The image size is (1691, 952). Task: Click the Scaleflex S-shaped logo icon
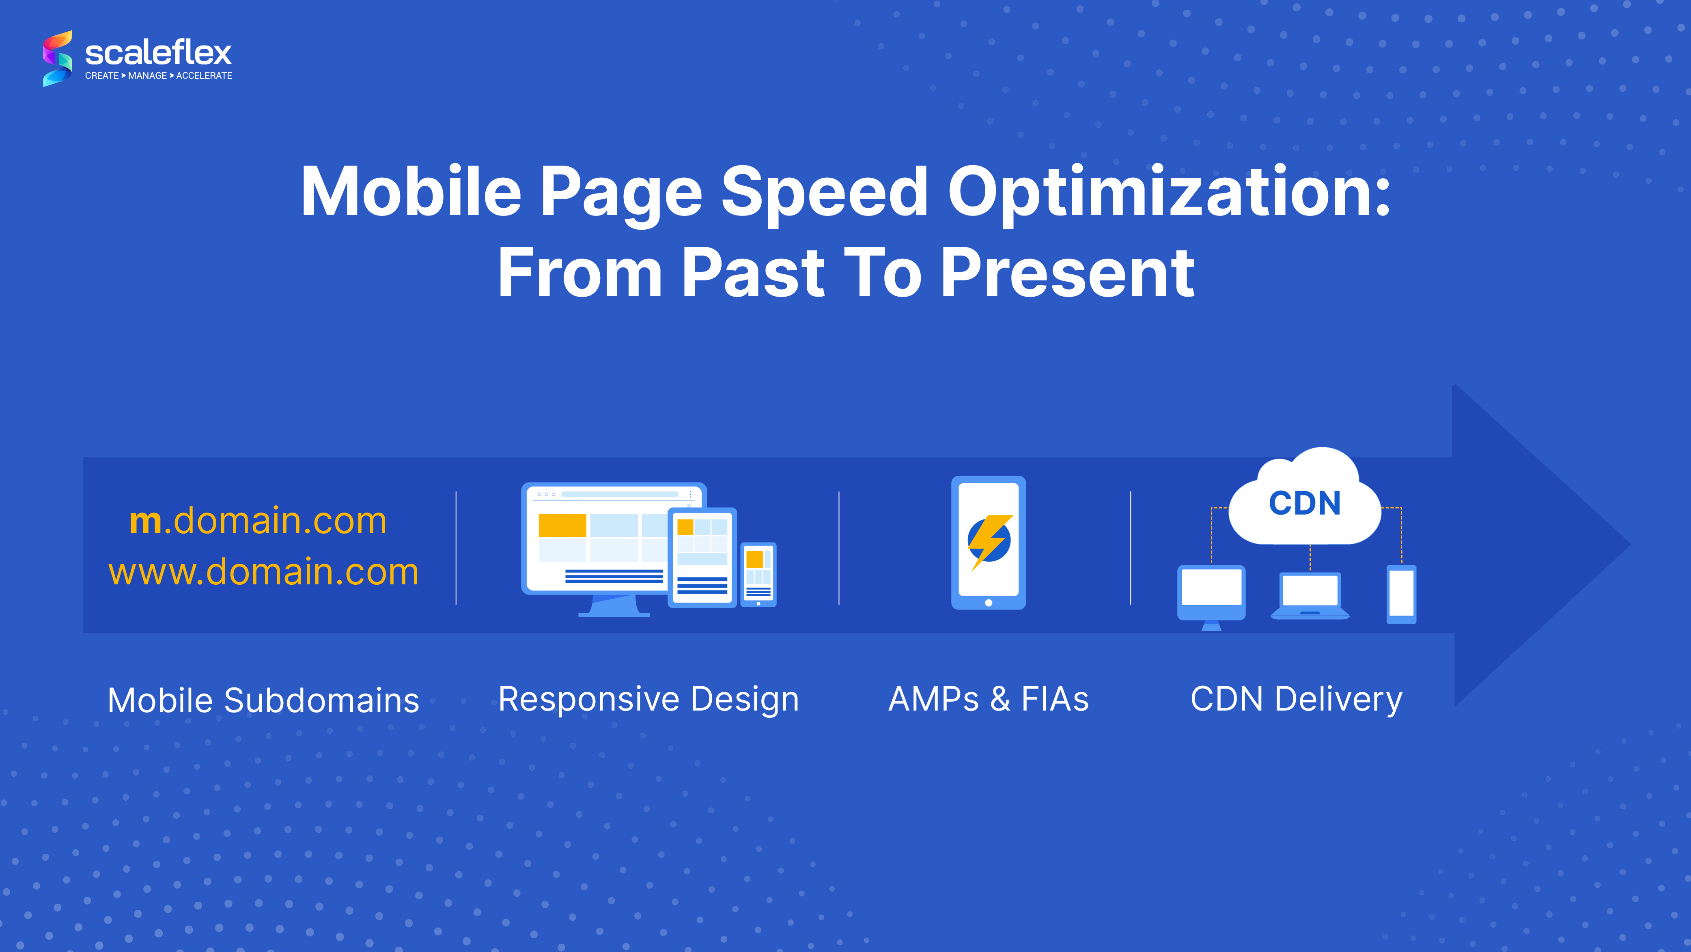pos(58,58)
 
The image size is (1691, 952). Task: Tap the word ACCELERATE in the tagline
pos(204,75)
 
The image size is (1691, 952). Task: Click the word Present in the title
pos(1067,273)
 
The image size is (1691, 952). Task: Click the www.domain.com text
pos(264,572)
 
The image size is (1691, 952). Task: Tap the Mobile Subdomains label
pos(263,700)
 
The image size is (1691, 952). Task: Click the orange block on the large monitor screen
pos(562,525)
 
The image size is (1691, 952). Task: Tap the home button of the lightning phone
pos(989,603)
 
